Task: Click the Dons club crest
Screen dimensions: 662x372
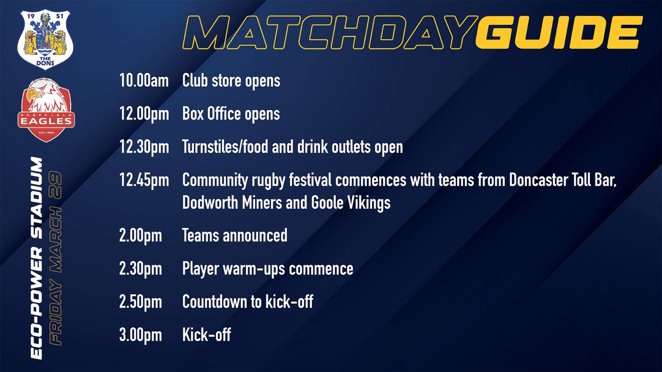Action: (45, 40)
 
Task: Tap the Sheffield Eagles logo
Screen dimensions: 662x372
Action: (46, 110)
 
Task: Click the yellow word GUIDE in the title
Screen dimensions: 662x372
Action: (559, 32)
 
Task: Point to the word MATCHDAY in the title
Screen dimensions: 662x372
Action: (330, 32)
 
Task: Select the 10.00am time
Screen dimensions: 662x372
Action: (144, 80)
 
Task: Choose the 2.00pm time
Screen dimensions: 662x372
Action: (141, 236)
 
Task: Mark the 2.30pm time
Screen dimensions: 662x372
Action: (141, 269)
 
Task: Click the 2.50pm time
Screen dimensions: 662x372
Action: (141, 302)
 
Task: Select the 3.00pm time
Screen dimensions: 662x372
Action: (141, 335)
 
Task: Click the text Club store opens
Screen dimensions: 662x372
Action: (231, 81)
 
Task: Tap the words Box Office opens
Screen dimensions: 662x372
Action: (231, 114)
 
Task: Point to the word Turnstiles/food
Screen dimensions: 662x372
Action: (225, 147)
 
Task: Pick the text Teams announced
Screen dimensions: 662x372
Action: (235, 235)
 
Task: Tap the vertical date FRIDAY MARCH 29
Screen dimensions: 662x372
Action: (56, 258)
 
